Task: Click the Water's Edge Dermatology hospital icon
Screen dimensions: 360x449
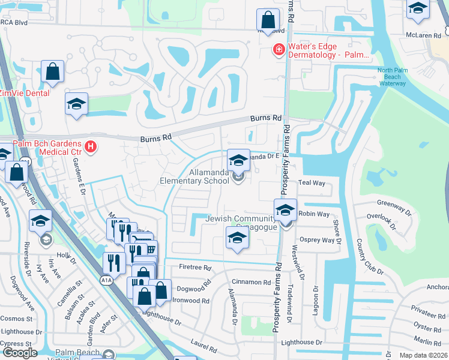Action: pos(279,49)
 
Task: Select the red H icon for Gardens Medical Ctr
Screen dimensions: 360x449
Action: pos(91,146)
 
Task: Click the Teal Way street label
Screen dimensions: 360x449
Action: pos(311,183)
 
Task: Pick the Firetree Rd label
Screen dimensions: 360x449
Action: pos(196,268)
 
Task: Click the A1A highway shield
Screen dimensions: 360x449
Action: pos(106,280)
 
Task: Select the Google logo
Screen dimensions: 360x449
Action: pos(19,353)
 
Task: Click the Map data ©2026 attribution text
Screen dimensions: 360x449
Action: pos(423,355)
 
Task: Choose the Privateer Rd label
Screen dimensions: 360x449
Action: pos(427,314)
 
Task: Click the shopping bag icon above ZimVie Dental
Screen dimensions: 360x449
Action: pos(53,72)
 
